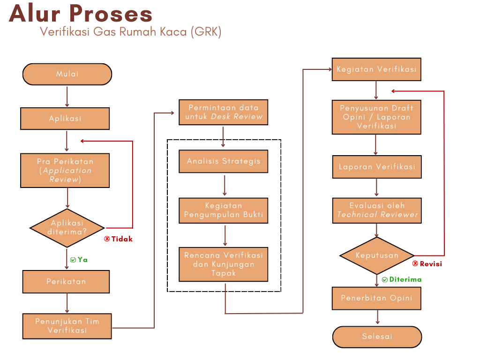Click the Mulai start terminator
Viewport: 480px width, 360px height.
point(67,74)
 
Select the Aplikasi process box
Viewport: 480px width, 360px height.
point(65,119)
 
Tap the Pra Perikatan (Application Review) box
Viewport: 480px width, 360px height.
point(65,170)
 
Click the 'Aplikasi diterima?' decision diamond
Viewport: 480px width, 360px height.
point(67,228)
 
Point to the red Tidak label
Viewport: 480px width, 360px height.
point(119,239)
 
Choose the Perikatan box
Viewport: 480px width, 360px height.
point(66,282)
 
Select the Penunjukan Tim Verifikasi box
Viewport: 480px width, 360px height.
point(67,326)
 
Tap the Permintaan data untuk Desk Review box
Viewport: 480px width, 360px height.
point(224,112)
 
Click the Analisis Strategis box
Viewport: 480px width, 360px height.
point(224,161)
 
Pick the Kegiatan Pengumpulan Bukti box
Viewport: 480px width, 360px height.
point(224,210)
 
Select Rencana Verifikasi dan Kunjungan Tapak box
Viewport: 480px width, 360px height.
point(224,264)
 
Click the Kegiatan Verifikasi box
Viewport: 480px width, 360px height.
point(376,69)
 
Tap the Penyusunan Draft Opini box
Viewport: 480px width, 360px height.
point(376,117)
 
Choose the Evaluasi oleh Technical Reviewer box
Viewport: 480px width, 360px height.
point(377,210)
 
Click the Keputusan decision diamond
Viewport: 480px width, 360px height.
point(377,255)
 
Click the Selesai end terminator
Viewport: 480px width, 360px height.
point(377,337)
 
